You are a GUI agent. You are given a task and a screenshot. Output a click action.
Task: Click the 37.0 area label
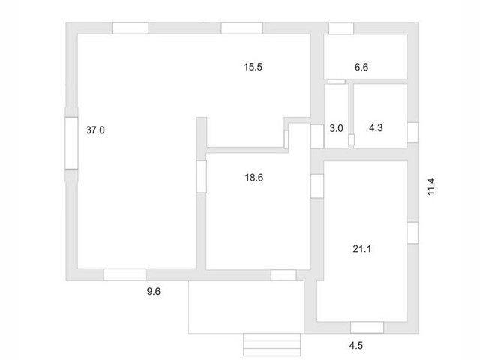pyautogui.click(x=95, y=130)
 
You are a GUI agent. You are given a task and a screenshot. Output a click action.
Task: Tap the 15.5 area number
pyautogui.click(x=253, y=67)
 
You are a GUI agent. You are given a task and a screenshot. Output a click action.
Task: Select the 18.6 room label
pyautogui.click(x=254, y=178)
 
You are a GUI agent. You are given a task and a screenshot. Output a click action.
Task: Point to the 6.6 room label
pyautogui.click(x=361, y=67)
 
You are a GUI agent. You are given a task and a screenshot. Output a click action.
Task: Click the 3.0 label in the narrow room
pyautogui.click(x=336, y=128)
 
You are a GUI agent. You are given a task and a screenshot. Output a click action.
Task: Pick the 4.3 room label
pyautogui.click(x=376, y=128)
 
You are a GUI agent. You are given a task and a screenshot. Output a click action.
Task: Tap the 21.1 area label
pyautogui.click(x=361, y=249)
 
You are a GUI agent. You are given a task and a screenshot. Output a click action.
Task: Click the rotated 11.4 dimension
pyautogui.click(x=431, y=187)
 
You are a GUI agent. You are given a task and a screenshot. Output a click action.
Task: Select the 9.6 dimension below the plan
pyautogui.click(x=153, y=292)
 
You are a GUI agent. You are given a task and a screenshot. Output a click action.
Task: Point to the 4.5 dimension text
pyautogui.click(x=356, y=346)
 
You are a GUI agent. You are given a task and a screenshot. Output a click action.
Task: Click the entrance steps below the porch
pyautogui.click(x=271, y=345)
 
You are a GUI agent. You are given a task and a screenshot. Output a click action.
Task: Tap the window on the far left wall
pyautogui.click(x=72, y=143)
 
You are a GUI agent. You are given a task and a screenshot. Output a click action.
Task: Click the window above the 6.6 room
pyautogui.click(x=341, y=28)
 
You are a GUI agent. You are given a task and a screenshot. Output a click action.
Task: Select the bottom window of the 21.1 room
pyautogui.click(x=367, y=328)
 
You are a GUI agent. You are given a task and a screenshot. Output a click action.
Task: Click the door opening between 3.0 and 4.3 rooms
pyautogui.click(x=352, y=139)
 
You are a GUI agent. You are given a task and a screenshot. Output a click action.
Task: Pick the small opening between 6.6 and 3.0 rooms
pyautogui.click(x=337, y=82)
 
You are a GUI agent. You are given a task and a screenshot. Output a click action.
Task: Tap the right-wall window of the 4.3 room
pyautogui.click(x=412, y=133)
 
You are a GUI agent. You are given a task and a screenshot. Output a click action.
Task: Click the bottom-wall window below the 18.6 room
pyautogui.click(x=283, y=275)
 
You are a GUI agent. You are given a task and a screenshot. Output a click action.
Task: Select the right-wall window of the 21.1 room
pyautogui.click(x=412, y=233)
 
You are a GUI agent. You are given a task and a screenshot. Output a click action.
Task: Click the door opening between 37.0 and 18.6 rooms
pyautogui.click(x=202, y=177)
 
